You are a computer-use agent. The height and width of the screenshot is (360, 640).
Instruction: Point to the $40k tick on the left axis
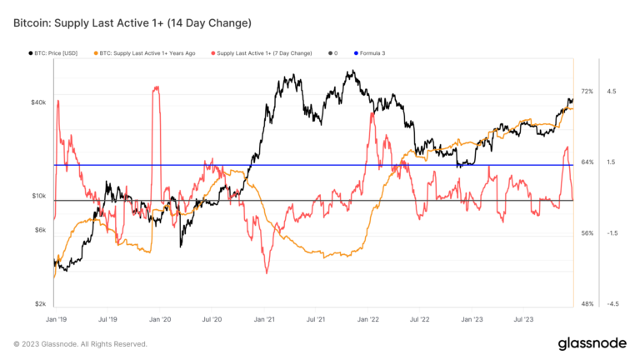[38, 102]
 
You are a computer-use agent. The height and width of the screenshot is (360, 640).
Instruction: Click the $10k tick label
[38, 196]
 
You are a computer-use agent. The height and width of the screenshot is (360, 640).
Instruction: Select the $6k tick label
[40, 230]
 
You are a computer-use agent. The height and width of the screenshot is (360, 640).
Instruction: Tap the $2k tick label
[40, 304]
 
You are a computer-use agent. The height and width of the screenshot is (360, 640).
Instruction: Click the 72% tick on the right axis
[587, 91]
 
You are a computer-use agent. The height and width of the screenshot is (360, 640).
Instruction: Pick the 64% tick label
[587, 162]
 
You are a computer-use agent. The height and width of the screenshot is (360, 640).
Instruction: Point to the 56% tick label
[587, 233]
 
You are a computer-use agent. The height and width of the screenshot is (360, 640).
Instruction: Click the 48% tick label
[587, 304]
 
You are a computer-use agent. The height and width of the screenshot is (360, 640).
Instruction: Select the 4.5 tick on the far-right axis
[612, 91]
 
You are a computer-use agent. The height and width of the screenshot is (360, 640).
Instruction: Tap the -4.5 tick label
[611, 304]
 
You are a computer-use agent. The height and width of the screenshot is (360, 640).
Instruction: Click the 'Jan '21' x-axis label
[264, 318]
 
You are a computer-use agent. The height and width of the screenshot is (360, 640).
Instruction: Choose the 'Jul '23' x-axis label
[523, 318]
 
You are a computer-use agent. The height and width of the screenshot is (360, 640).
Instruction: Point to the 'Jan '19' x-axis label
[56, 318]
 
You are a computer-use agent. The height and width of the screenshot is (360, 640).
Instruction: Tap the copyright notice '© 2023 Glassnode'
[80, 344]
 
